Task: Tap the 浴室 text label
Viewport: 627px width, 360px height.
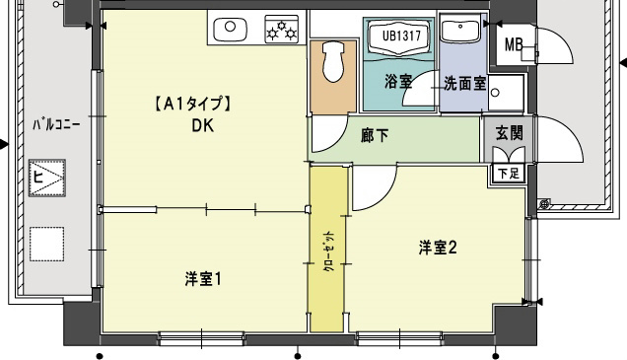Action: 399,82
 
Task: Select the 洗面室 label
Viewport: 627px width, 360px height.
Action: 462,83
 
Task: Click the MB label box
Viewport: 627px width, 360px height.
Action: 514,45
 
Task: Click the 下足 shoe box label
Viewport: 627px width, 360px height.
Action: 508,174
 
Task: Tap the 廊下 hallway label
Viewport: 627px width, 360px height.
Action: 374,136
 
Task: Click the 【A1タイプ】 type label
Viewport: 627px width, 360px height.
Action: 191,103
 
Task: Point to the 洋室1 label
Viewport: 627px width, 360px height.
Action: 202,279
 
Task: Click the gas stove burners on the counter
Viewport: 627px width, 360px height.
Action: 283,30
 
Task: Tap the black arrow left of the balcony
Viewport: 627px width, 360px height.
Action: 5,145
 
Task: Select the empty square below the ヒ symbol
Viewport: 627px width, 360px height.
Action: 45,241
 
